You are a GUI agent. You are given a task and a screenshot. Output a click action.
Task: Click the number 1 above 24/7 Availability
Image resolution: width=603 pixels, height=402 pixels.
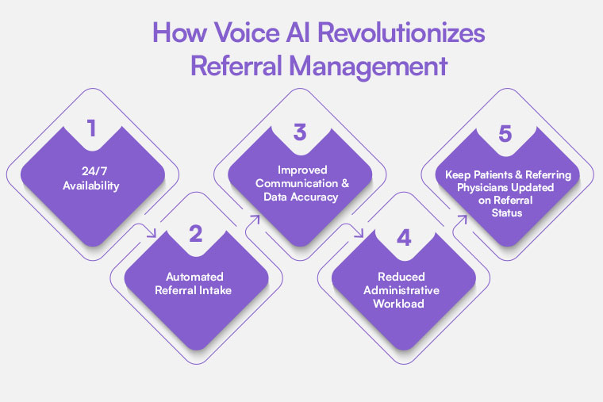[92, 128]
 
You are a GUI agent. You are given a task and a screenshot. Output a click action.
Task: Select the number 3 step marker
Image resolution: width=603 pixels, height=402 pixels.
[299, 131]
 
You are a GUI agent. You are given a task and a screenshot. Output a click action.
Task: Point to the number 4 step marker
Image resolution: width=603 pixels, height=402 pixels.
[404, 237]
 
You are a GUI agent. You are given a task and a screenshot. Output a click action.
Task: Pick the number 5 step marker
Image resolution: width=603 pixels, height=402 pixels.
[506, 132]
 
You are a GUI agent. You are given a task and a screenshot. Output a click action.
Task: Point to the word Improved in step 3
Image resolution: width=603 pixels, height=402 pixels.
[299, 170]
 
